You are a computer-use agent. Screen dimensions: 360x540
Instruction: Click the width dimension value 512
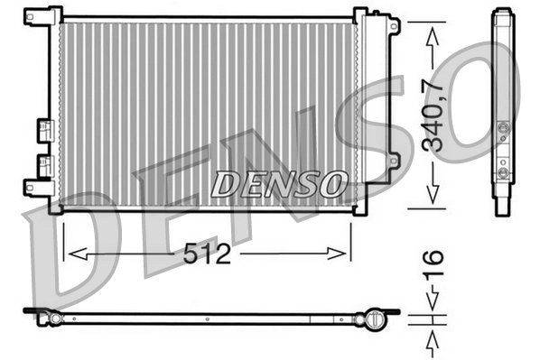coord(206,254)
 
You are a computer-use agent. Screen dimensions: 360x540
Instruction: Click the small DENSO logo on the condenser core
coord(279,184)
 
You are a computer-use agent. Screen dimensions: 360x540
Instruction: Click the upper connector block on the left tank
coord(42,130)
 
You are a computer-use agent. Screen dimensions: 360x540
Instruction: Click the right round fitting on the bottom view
coord(371,318)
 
